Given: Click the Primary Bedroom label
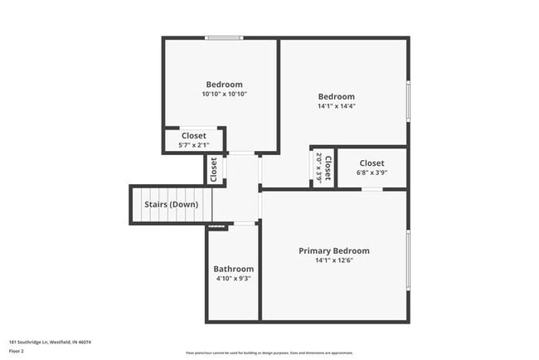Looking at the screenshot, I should tap(334, 251).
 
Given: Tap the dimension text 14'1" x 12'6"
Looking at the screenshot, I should tap(334, 260).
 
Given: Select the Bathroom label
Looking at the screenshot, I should tap(233, 269).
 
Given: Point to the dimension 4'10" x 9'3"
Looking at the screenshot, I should tap(233, 279).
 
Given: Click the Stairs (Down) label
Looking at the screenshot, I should tap(171, 204).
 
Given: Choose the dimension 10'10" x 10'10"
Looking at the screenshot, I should tap(224, 94).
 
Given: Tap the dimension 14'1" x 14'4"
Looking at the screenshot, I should tap(336, 106).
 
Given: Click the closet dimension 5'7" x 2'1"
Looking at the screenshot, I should tap(193, 145).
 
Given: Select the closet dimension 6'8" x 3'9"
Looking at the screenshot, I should tap(371, 173).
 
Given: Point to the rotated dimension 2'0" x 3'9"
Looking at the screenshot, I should tap(318, 168).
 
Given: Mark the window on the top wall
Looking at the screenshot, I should tap(224, 37).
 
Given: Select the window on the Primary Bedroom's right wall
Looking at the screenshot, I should tap(408, 260).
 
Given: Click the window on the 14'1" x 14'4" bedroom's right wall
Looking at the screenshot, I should tap(408, 101).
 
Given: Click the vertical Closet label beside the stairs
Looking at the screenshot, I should tap(214, 168).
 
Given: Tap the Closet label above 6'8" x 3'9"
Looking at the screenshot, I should tap(371, 163).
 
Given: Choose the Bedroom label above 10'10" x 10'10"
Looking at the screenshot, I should tap(224, 84).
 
